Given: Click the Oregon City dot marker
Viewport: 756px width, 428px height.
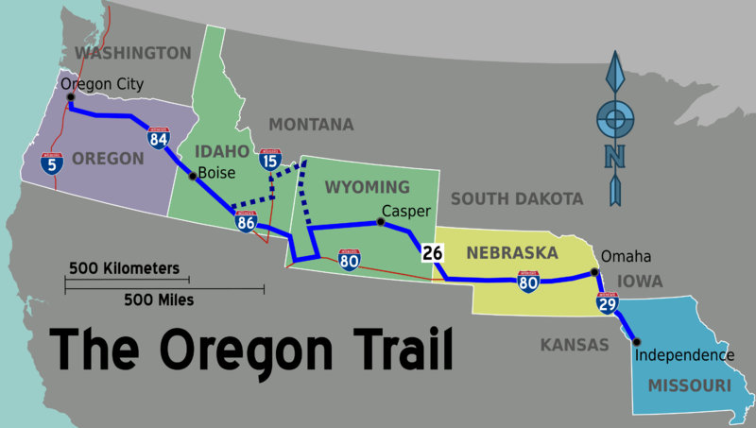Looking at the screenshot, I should [x=70, y=95].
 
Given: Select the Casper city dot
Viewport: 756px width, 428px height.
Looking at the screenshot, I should [x=380, y=222].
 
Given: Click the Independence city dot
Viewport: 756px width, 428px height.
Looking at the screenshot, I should [x=635, y=342].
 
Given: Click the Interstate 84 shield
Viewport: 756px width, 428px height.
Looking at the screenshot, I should [x=159, y=140].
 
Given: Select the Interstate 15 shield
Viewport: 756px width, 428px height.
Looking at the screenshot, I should [x=271, y=160].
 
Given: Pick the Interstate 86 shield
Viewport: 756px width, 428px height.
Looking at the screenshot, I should [x=247, y=222].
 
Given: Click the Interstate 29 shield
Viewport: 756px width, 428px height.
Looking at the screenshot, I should [x=607, y=302].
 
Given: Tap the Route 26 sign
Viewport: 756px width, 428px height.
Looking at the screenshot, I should [x=433, y=252].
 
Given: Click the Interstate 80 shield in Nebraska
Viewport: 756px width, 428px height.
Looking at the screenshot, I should [x=528, y=281].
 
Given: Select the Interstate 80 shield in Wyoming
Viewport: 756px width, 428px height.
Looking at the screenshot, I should [x=350, y=260].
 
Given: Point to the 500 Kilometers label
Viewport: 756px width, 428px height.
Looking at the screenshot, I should [x=123, y=268].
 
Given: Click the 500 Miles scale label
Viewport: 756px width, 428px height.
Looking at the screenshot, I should [x=158, y=300].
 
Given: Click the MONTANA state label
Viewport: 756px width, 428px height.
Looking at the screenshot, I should [x=311, y=125].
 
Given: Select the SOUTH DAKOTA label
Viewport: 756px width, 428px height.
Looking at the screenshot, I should [x=516, y=198].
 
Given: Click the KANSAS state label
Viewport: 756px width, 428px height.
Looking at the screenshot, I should [x=575, y=345].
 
